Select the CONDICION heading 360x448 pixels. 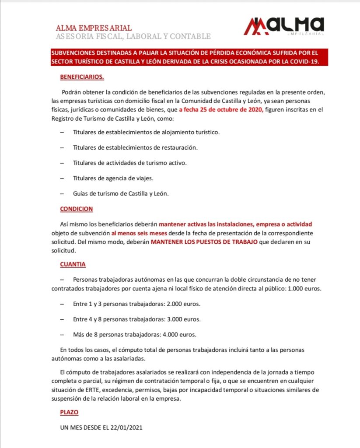click(76, 209)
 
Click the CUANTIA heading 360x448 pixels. click(73, 264)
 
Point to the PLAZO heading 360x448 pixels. click(69, 412)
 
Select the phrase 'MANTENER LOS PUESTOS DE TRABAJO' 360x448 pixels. click(204, 242)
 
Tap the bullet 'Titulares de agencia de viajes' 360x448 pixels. click(113, 178)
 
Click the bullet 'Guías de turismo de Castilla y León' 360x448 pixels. click(121, 193)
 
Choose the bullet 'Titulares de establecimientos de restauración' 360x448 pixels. click(135, 147)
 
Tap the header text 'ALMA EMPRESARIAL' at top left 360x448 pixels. click(94, 28)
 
